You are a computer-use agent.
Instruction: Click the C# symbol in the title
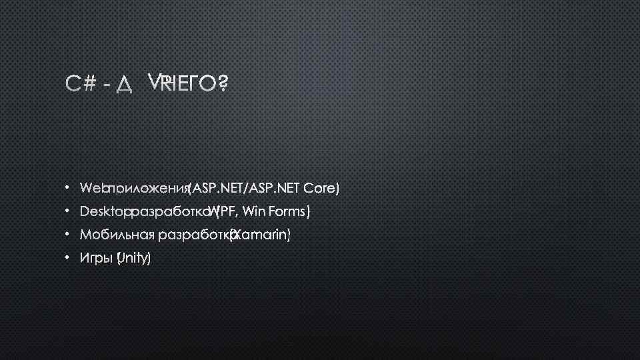(x=81, y=83)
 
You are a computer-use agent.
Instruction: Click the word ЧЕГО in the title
(x=193, y=83)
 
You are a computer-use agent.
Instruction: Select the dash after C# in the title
(x=107, y=84)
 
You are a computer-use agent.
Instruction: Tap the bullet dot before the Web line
(x=68, y=189)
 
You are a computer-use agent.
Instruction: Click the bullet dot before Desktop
(x=68, y=213)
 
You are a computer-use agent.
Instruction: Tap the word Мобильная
(x=116, y=235)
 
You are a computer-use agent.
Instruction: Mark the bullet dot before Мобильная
(x=68, y=235)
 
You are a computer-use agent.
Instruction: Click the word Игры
(x=96, y=259)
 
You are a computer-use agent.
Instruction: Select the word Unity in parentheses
(x=134, y=258)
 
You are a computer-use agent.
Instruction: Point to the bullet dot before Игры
(x=68, y=259)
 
